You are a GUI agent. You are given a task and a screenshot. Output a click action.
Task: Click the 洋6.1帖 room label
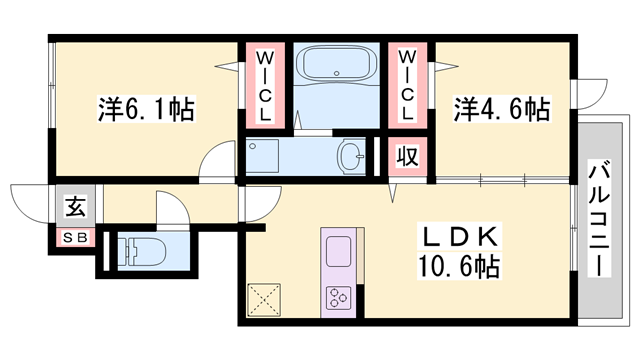(146, 106)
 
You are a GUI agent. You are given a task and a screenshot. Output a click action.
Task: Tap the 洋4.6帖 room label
(503, 108)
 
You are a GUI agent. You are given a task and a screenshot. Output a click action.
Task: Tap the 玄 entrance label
(75, 209)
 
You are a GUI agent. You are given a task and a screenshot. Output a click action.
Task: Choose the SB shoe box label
(74, 238)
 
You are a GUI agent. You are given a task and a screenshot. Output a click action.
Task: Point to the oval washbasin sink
(351, 157)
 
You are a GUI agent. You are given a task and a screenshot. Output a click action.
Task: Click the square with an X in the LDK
(266, 299)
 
